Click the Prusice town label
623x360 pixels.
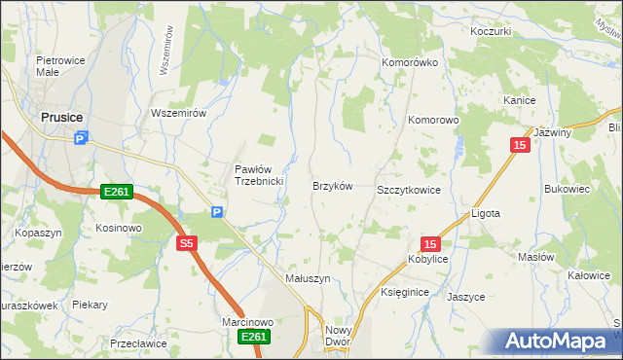point(60,118)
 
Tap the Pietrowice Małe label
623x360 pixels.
point(56,65)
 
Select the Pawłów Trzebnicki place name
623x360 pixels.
point(258,175)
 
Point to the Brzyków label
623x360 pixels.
point(331,185)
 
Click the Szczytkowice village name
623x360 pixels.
point(409,190)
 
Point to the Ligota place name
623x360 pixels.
point(485,213)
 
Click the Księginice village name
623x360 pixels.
point(405,292)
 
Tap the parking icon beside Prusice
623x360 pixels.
point(82,139)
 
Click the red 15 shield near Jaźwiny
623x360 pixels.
point(521,145)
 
